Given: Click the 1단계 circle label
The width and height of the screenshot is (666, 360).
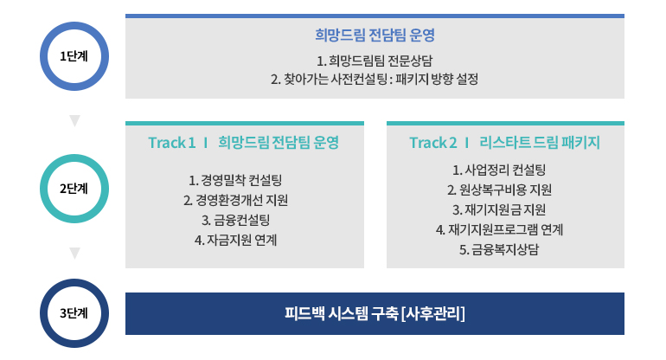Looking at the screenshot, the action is tap(74, 56).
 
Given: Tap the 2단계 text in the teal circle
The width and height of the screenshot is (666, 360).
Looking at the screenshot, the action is tap(74, 189).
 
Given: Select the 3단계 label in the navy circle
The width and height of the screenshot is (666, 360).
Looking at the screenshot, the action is tap(74, 313).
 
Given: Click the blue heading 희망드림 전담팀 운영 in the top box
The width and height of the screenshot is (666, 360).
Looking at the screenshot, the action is tap(375, 35).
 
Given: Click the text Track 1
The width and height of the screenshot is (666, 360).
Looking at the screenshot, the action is tap(172, 143).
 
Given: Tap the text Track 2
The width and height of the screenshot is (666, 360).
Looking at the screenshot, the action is tap(433, 143).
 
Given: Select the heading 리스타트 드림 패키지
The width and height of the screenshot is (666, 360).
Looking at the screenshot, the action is tap(540, 143).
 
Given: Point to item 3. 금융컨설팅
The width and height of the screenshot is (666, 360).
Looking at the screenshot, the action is tap(236, 220).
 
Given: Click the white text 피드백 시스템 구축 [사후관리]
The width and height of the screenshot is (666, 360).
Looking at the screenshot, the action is tap(375, 313).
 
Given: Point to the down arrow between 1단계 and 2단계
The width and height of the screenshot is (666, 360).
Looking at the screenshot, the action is tap(74, 120).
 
